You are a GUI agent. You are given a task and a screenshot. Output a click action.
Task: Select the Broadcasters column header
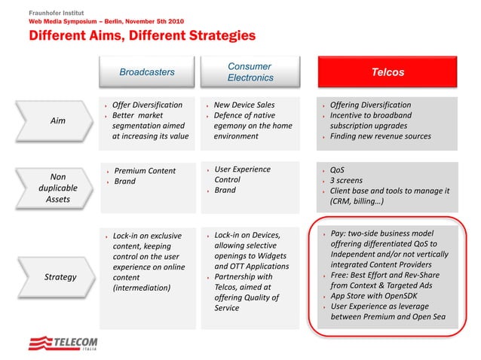(x=147, y=72)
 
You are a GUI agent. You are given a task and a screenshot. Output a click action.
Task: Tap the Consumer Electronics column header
(x=250, y=72)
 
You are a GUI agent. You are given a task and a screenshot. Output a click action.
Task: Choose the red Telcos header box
(x=388, y=72)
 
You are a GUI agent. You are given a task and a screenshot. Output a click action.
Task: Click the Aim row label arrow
(x=57, y=121)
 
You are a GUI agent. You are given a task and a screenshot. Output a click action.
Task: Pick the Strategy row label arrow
(x=60, y=276)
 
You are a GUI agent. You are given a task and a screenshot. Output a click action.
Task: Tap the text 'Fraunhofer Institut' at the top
(x=57, y=13)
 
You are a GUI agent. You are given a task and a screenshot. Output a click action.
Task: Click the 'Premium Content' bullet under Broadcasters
(x=145, y=171)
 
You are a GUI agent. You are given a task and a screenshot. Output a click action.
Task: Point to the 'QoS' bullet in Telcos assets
(x=338, y=170)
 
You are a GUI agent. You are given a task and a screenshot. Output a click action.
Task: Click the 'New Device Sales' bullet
(x=244, y=105)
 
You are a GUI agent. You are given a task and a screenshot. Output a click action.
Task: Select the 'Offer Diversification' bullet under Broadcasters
(x=147, y=105)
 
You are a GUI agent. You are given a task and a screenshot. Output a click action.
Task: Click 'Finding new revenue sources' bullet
(x=380, y=136)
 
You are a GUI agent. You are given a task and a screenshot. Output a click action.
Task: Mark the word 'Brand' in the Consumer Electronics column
(x=225, y=191)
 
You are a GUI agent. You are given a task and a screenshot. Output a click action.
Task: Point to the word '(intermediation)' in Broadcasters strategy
(x=142, y=287)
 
